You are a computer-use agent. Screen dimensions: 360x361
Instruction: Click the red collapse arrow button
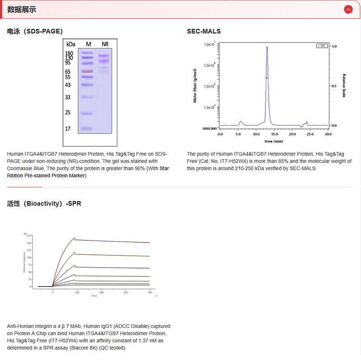coord(348,9)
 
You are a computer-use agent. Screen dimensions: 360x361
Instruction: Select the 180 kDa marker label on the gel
coord(69,54)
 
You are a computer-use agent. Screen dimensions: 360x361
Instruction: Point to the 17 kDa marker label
coord(68,129)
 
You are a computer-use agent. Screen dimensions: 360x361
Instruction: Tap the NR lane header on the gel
coord(105,44)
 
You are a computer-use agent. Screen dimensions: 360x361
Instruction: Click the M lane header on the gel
coord(88,44)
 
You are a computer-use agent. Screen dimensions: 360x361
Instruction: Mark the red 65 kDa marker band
coord(87,71)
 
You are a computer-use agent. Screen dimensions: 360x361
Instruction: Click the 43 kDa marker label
coord(68,85)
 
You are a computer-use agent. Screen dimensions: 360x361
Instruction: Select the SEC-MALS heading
coord(204,31)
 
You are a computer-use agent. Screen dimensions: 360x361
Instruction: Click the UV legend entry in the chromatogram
coord(321,46)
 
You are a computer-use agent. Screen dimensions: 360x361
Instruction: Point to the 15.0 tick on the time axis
coord(274,134)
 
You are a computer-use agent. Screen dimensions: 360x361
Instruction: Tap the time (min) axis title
coord(274,141)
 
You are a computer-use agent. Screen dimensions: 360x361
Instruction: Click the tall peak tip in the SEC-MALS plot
coord(267,46)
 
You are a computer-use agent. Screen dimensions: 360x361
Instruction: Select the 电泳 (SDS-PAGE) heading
coord(35,31)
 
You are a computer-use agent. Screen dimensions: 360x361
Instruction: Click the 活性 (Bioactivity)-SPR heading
coord(44,203)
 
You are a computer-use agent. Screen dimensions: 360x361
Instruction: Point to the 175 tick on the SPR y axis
coord(29,236)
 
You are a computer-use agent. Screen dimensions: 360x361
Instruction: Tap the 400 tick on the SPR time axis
coord(149,292)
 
